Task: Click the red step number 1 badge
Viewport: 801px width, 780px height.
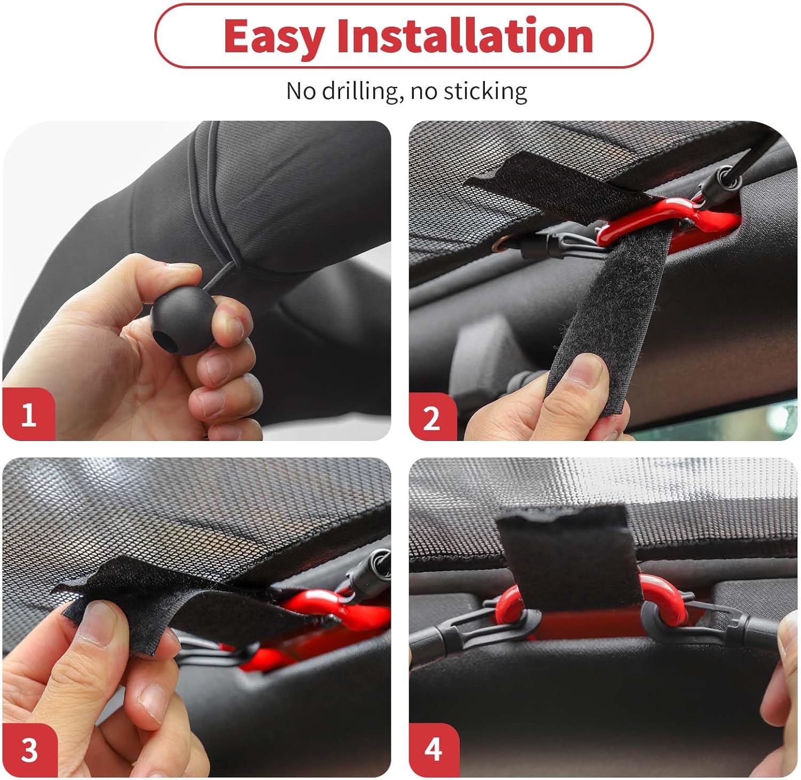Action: coord(29,414)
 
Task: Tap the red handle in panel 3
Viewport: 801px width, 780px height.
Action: coord(320,609)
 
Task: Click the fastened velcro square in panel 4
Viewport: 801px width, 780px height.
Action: coord(569,555)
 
